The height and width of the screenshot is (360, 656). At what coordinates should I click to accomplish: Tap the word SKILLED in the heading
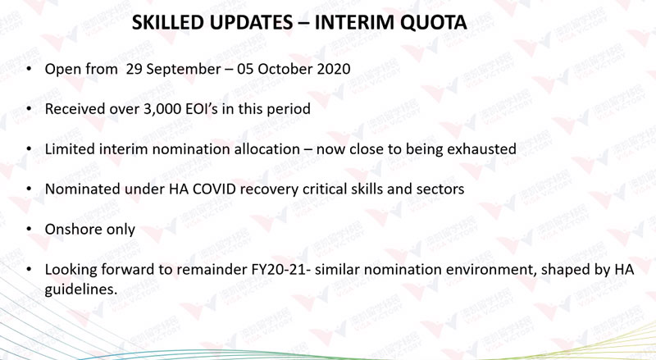pyautogui.click(x=167, y=23)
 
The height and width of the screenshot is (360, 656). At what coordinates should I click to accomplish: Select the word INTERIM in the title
pyautogui.click(x=348, y=23)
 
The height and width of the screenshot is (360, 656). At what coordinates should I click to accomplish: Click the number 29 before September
pyautogui.click(x=134, y=69)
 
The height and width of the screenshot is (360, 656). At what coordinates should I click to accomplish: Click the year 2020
pyautogui.click(x=334, y=69)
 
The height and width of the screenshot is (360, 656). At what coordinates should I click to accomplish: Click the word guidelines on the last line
pyautogui.click(x=81, y=289)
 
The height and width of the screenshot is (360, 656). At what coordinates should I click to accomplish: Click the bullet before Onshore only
pyautogui.click(x=29, y=229)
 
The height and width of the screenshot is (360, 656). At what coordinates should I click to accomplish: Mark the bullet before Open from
pyautogui.click(x=29, y=68)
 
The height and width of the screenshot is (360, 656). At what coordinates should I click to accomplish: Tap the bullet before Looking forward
pyautogui.click(x=29, y=269)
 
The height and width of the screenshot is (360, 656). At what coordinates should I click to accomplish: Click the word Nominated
pyautogui.click(x=83, y=189)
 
